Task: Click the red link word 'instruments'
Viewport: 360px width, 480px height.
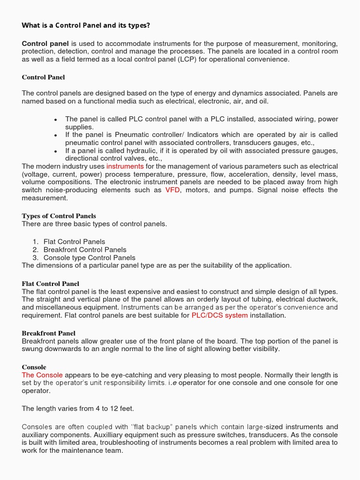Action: [125, 166]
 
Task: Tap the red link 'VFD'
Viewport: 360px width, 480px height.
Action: [172, 190]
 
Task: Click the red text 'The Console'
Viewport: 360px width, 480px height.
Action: [42, 375]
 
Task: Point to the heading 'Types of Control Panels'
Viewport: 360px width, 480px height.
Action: [59, 216]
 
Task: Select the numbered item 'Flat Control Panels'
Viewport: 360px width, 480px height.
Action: [74, 242]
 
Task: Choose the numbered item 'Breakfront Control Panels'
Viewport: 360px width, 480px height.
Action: [85, 250]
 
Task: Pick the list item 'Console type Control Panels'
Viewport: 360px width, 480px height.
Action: [89, 258]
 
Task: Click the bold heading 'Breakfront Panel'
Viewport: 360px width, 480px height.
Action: [49, 333]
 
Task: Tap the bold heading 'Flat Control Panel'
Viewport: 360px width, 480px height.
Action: [51, 284]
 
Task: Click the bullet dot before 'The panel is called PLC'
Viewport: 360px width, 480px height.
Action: [56, 120]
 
